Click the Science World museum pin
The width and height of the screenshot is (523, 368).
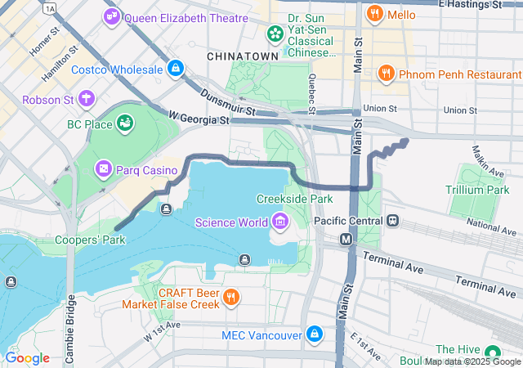[x=280, y=222]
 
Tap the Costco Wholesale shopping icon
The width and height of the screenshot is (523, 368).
[x=174, y=69]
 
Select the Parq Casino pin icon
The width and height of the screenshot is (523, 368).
[x=104, y=169]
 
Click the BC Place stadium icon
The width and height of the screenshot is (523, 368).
[x=125, y=123]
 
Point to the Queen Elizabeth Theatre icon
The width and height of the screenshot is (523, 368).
[x=112, y=16]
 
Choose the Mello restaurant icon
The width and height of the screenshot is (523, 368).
[x=375, y=13]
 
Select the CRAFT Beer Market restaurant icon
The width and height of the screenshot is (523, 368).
[x=232, y=297]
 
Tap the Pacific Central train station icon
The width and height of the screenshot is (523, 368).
[x=393, y=221]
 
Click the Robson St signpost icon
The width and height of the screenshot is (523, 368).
[x=85, y=100]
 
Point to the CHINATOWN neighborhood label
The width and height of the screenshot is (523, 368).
[x=243, y=56]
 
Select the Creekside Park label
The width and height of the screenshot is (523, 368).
[x=294, y=199]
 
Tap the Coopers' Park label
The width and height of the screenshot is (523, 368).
[x=90, y=240]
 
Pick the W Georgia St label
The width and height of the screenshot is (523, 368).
[x=199, y=119]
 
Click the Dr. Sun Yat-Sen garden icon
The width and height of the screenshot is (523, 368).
[x=275, y=34]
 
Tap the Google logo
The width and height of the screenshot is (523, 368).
[x=28, y=358]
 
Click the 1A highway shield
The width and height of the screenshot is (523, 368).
[x=51, y=7]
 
